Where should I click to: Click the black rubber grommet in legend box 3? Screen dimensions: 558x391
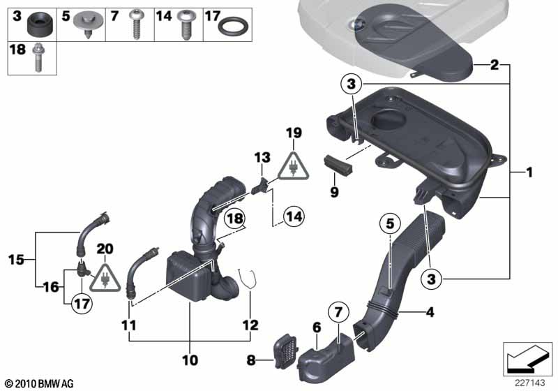point(40,24)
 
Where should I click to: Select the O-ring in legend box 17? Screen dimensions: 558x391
point(233,27)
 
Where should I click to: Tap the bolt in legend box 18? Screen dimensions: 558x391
point(38,58)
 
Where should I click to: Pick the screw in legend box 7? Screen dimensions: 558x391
point(136,25)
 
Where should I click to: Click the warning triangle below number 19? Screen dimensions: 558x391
point(293,165)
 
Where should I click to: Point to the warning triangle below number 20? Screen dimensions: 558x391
point(105,278)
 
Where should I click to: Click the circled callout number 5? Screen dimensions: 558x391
point(391,224)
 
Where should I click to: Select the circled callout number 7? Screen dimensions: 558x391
point(338,312)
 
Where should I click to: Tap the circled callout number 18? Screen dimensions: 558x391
point(235,218)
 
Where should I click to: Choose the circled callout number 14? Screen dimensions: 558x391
point(294,216)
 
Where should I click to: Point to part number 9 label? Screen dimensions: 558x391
point(334,192)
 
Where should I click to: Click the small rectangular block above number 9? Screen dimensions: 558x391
point(338,165)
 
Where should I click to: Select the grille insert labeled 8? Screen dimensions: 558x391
point(287,349)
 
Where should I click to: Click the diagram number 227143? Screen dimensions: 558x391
point(529,383)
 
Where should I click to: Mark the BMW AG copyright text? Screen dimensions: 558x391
point(40,383)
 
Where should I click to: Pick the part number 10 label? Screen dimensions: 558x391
point(190,360)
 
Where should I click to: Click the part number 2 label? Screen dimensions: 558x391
point(495,65)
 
